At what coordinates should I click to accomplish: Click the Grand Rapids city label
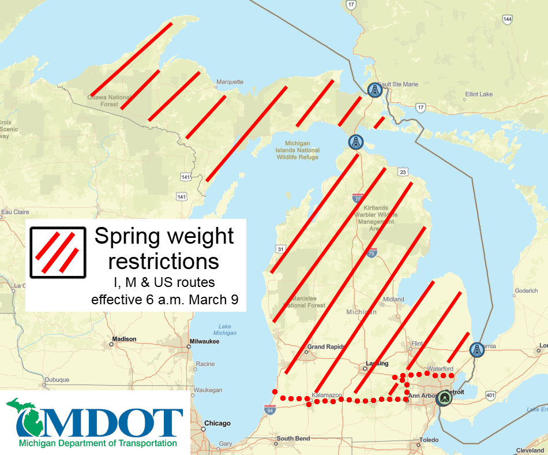coord(326,347)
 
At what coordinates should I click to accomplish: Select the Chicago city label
coord(217,423)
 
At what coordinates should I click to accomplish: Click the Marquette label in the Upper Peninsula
coord(230,81)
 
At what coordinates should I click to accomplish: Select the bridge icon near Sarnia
coord(476,349)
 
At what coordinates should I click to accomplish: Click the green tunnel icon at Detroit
coord(444,398)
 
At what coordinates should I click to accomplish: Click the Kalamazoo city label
coord(327,395)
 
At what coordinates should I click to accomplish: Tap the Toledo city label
coord(429,439)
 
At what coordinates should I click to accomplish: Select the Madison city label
coord(125,339)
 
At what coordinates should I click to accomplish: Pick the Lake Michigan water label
coord(224,329)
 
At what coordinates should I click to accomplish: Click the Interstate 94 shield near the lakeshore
coord(270,409)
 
